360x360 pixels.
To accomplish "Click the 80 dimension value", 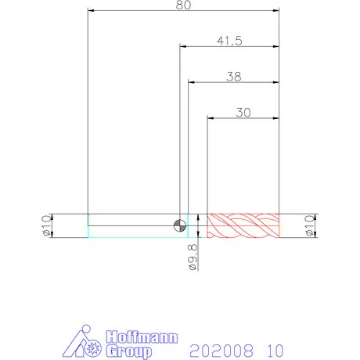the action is point(183,5).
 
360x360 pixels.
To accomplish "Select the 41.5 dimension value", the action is point(229,41).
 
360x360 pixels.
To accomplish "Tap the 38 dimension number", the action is point(234,77).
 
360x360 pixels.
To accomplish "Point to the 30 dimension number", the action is point(243,113).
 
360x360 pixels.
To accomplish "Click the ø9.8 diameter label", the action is point(193,257).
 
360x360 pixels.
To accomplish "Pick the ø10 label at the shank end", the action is point(46,225).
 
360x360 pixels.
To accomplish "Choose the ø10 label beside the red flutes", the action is point(310,225).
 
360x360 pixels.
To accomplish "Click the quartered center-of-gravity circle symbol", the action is point(180,225).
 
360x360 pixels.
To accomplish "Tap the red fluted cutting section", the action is point(243,225).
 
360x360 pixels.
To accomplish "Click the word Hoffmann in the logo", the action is point(142,337).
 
